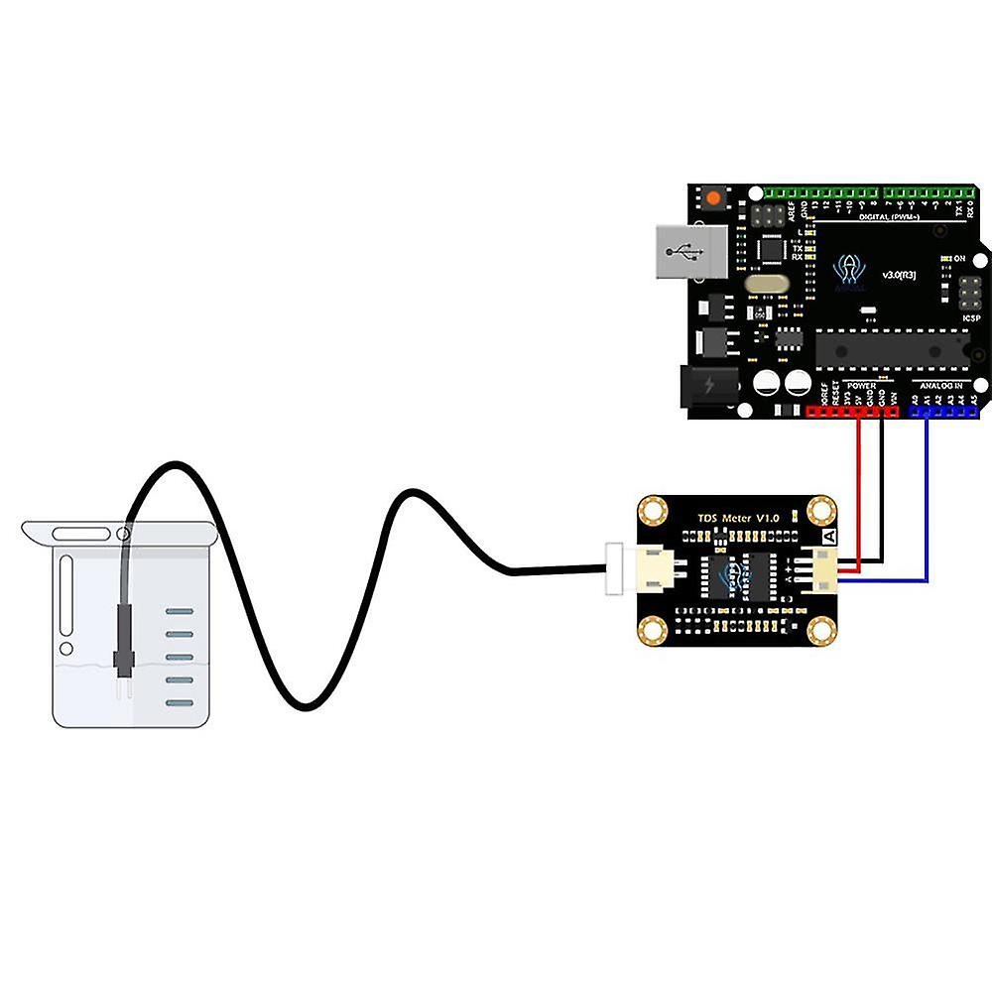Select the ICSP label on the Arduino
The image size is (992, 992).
(x=972, y=319)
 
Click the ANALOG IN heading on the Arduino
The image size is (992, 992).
(x=941, y=385)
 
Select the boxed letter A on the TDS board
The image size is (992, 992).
(x=828, y=536)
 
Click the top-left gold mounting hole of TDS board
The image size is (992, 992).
(x=652, y=511)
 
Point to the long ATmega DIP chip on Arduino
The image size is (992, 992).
(x=893, y=347)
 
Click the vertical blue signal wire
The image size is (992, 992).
(x=927, y=496)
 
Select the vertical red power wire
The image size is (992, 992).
(x=860, y=486)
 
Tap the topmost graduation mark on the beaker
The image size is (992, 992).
(x=179, y=612)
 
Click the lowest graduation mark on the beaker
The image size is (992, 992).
(x=179, y=702)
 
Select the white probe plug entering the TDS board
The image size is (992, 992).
(x=613, y=569)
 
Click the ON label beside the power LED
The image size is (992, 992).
(x=959, y=258)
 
